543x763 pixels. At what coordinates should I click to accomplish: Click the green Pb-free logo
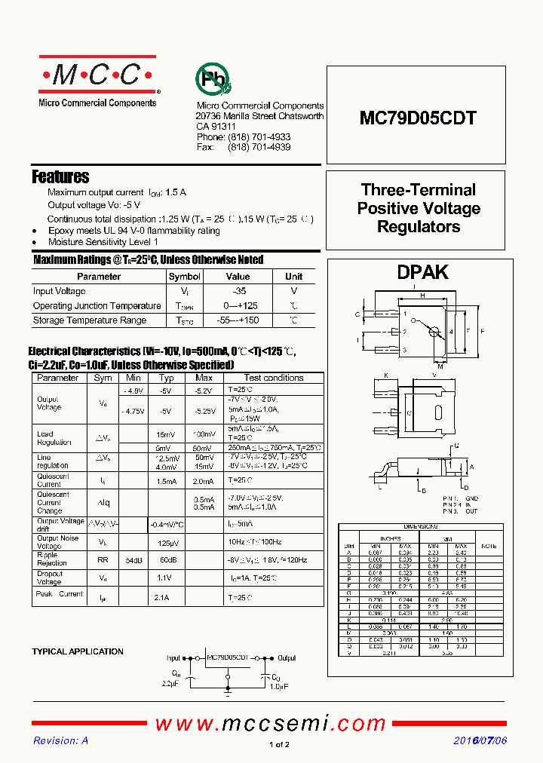point(213,79)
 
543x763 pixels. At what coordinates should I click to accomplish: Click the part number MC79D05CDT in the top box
point(417,118)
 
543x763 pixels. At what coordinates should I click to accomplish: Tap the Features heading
point(60,177)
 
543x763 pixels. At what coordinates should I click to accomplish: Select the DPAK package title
point(422,272)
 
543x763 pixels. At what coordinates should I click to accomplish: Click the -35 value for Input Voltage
point(238,291)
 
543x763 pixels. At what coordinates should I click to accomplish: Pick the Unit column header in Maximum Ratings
point(293,277)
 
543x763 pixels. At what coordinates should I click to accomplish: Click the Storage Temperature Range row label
point(90,320)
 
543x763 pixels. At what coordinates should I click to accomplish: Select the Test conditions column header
point(274,378)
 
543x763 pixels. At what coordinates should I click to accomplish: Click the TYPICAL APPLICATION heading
point(78,651)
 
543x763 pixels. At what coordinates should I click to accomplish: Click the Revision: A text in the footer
point(61,741)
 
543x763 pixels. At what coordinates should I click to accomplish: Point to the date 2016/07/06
point(480,741)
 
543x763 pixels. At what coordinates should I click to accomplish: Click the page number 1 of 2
point(278,745)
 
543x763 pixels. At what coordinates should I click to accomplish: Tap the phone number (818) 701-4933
point(259,137)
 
